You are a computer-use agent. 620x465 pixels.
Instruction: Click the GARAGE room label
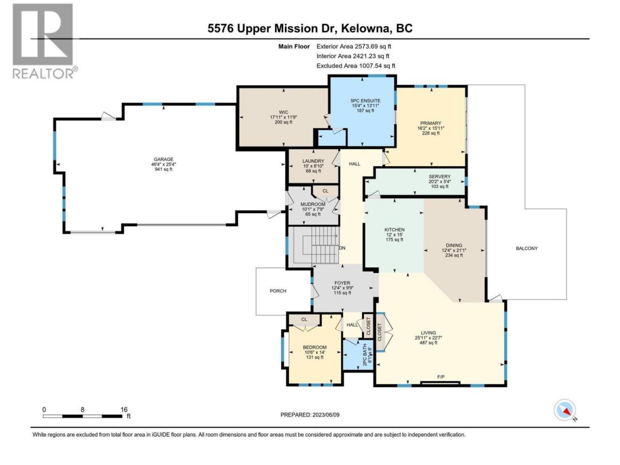point(164,159)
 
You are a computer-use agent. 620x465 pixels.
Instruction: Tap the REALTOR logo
point(45,41)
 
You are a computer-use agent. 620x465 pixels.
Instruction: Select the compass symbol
point(565,410)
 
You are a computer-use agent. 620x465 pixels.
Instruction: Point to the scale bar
point(83,416)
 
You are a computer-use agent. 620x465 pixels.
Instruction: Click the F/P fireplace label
point(441,377)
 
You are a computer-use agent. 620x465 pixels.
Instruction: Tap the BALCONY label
point(527,248)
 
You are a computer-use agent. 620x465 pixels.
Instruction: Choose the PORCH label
point(278,291)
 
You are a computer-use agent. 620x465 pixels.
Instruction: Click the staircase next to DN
point(313,245)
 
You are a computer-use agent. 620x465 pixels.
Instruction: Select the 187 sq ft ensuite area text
point(366,110)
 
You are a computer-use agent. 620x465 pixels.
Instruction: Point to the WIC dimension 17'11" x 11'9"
point(283,117)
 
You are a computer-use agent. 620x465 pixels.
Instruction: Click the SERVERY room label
point(439,176)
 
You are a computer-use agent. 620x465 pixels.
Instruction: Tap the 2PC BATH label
point(365,355)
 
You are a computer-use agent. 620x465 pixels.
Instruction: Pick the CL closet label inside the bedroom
point(304,320)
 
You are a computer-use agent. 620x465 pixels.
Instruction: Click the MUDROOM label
point(313,204)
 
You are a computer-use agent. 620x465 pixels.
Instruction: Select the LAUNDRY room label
point(313,161)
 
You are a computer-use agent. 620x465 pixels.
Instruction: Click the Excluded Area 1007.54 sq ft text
point(356,66)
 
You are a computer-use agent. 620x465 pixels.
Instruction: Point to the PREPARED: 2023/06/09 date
point(310,415)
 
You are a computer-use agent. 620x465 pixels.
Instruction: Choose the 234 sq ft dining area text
point(454,255)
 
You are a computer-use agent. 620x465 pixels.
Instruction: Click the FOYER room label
point(342,283)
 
